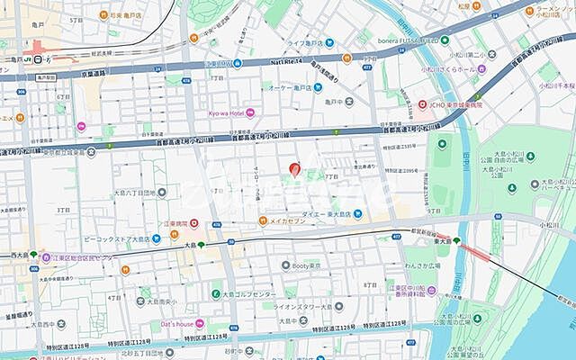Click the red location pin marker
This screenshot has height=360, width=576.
click(293, 168)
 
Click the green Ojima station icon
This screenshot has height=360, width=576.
click(202, 244)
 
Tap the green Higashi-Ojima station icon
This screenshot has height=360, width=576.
click(456, 240)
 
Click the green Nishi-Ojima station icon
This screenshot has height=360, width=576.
click(33, 255)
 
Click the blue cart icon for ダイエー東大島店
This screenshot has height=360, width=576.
click(358, 214)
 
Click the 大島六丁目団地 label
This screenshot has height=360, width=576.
click(134, 191)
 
